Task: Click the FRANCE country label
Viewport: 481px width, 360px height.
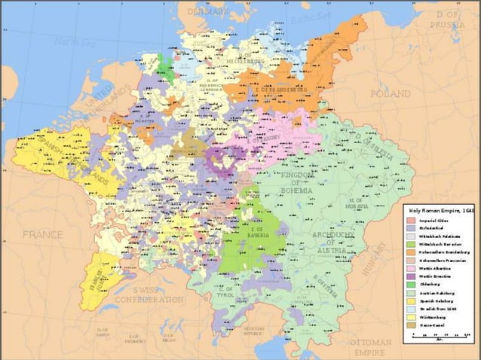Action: click(x=42, y=235)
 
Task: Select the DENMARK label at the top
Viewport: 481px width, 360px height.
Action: click(x=207, y=12)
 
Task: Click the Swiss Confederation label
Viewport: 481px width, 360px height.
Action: click(x=150, y=294)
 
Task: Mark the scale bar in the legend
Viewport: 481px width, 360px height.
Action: click(x=440, y=335)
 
